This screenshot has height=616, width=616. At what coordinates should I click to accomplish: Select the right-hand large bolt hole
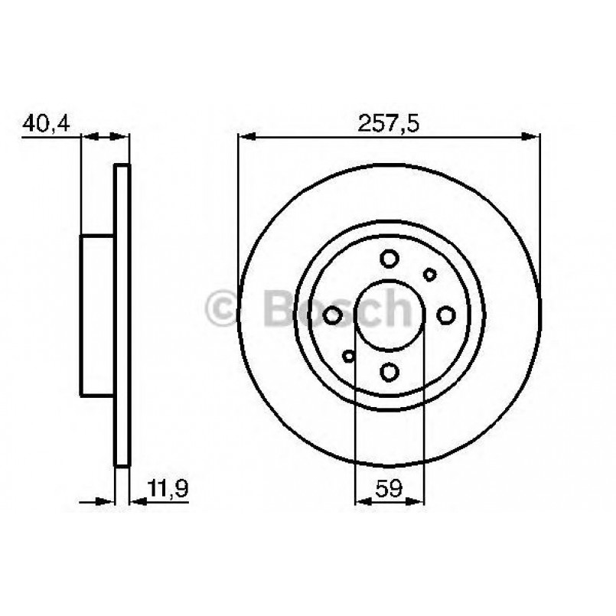446,315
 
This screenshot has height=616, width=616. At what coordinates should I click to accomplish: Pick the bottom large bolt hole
389,372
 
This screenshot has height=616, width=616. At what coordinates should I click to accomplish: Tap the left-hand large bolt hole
333,315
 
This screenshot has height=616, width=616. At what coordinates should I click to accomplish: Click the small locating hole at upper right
430,274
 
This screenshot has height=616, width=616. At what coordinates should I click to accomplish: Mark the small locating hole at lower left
349,355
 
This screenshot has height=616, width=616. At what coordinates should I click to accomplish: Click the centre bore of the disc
389,315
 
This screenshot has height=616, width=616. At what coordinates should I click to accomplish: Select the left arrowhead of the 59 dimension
363,502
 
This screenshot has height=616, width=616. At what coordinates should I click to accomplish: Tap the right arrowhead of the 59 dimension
416,502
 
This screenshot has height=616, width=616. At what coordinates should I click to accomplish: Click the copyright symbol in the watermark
226,308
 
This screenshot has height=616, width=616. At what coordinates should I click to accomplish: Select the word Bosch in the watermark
337,308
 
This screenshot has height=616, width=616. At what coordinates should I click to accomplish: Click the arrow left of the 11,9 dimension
103,502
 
